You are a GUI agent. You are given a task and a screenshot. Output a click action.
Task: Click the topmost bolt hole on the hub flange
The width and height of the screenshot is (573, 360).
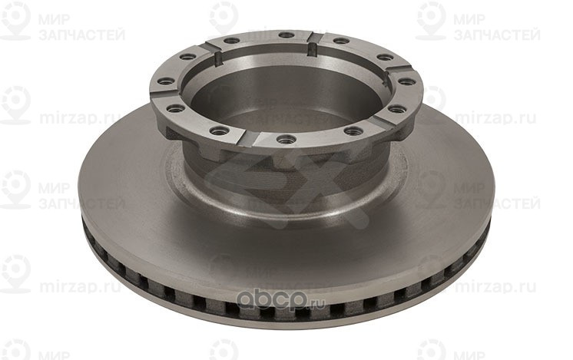285,35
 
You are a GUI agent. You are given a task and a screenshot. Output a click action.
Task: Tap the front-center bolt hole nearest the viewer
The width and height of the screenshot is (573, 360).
286,139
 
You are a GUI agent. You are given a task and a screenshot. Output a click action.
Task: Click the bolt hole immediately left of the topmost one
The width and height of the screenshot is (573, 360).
231,40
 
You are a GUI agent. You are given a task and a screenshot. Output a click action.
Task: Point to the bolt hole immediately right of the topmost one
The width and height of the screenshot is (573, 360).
340,40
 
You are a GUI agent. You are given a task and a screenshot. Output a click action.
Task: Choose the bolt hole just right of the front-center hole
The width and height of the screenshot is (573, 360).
353,131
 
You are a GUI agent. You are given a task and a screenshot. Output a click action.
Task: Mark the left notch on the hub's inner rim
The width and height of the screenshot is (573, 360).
217,58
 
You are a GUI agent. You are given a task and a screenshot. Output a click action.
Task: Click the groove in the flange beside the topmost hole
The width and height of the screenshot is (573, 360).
315,38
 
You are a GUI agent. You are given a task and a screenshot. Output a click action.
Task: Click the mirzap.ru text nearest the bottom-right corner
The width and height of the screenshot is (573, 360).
495,287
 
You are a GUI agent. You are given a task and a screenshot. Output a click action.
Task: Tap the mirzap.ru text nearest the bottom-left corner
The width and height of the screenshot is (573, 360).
81,287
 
